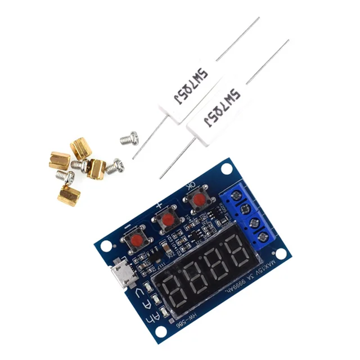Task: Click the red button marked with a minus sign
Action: (x=136, y=241)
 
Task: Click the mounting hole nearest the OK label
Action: (x=227, y=169)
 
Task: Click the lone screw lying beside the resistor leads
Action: (x=129, y=137)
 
